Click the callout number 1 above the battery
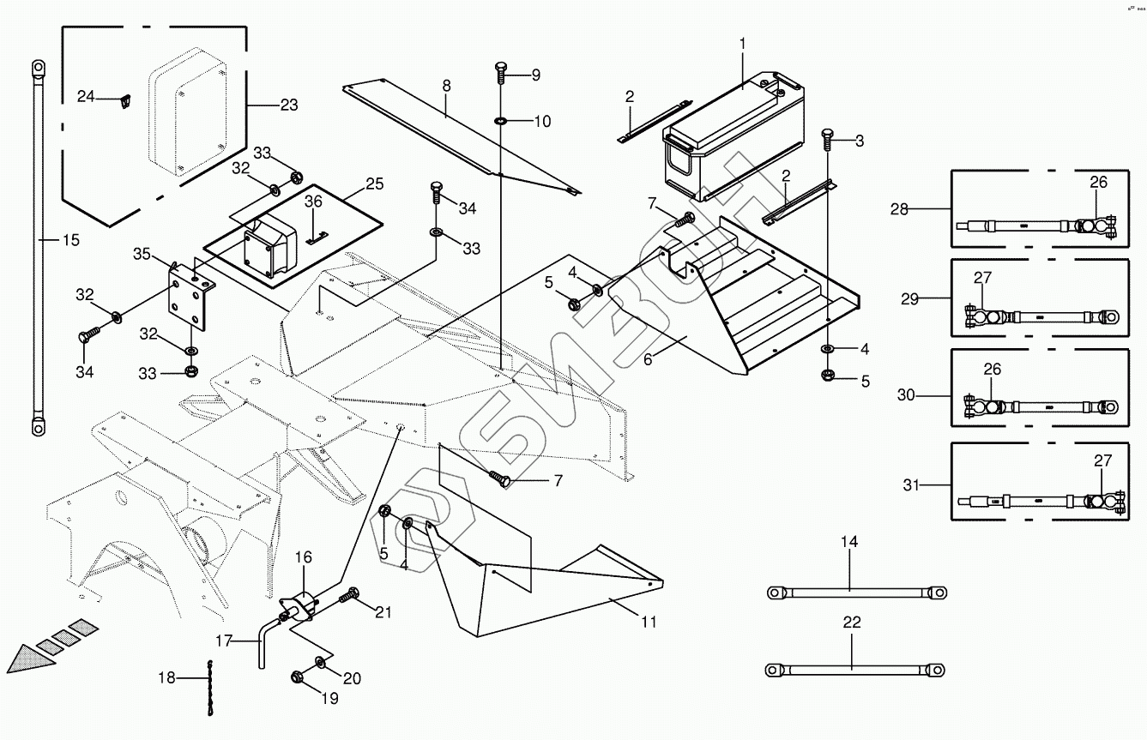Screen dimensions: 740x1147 click(743, 43)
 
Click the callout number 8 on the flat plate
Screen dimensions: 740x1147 click(446, 86)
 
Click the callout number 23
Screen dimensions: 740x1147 click(289, 105)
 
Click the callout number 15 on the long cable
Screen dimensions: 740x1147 click(71, 240)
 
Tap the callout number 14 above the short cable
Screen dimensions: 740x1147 click(848, 542)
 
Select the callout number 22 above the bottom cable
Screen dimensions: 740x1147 click(851, 623)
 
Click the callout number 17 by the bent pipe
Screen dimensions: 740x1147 click(224, 640)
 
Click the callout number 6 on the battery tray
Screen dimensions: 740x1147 click(648, 359)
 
